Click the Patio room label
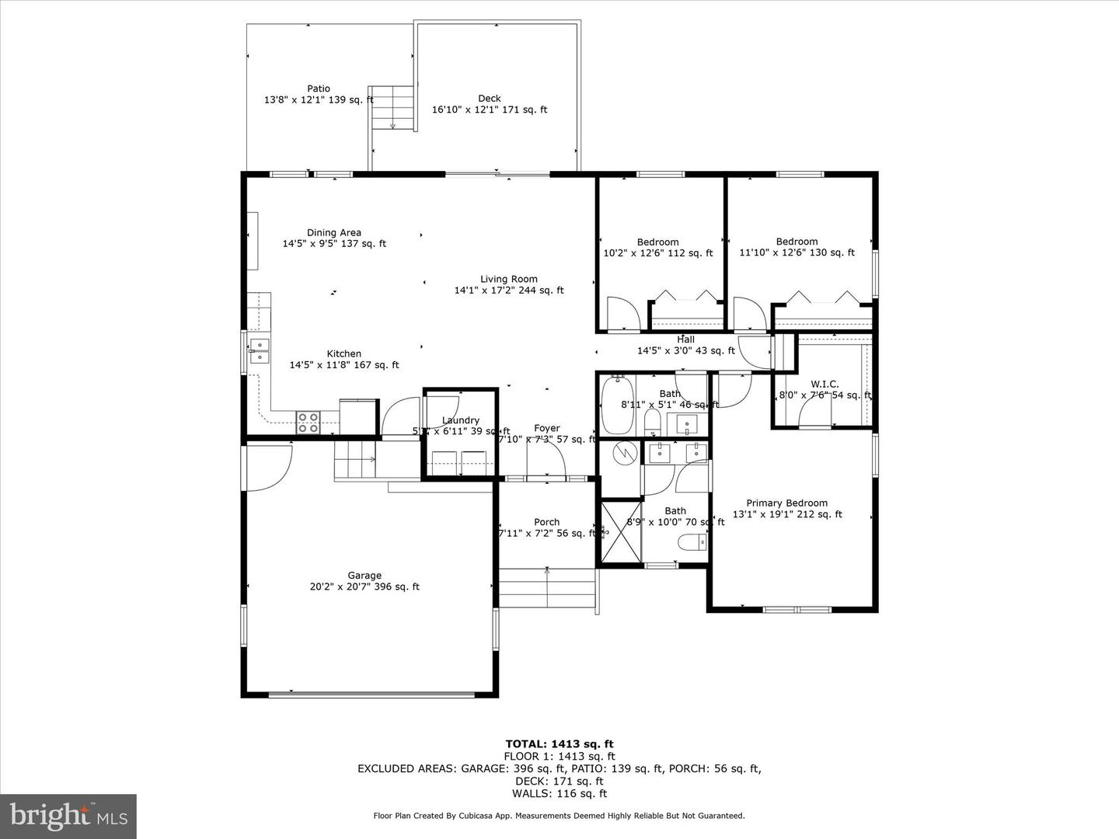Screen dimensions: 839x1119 [x=319, y=89]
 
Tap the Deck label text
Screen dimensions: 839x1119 [x=490, y=99]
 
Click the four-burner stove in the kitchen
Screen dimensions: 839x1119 [x=308, y=422]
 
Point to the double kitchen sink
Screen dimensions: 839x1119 [x=259, y=351]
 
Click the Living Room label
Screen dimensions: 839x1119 [x=508, y=280]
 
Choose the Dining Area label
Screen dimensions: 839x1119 [x=333, y=233]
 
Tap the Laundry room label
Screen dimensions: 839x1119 [x=460, y=420]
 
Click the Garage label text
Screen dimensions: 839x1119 [x=364, y=576]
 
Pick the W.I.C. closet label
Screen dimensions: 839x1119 [x=824, y=385]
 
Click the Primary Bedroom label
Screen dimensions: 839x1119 [x=786, y=503]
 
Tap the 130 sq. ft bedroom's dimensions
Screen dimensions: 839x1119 [x=797, y=252]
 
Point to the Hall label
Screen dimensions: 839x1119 [x=685, y=339]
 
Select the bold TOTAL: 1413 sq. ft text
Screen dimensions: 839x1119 [x=559, y=743]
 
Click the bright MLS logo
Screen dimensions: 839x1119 [x=68, y=816]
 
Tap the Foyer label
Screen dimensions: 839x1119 [x=547, y=429]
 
